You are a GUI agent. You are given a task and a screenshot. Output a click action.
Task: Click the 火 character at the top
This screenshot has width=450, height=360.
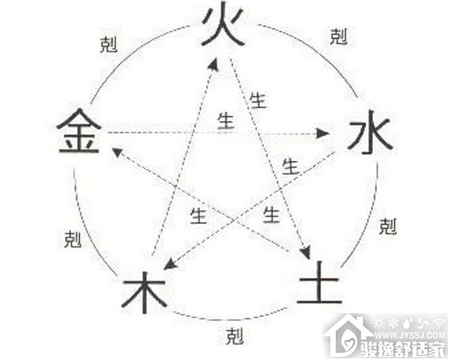223,24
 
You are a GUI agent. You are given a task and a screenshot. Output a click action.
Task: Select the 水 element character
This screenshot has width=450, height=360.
370,132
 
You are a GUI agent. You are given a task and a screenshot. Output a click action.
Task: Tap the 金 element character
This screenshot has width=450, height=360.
79,131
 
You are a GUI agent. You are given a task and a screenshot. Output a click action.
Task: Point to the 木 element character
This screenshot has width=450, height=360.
144,292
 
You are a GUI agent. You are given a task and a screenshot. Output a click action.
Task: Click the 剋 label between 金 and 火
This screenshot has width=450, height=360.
108,45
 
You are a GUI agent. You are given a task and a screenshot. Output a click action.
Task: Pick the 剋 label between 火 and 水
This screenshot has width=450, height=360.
338,37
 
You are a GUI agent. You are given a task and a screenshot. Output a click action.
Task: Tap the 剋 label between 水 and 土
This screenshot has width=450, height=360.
388,227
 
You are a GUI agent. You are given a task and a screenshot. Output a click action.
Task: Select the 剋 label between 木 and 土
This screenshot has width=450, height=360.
235,336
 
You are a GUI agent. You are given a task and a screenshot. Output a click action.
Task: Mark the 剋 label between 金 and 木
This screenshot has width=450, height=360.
73,239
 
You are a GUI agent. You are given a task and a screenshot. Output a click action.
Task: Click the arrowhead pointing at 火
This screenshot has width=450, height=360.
213,65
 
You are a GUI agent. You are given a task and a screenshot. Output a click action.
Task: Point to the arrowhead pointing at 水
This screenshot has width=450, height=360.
323,133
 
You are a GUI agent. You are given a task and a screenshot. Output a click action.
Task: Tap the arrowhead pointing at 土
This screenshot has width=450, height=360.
306,253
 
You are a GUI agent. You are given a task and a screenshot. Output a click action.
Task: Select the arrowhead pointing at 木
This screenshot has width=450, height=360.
170,264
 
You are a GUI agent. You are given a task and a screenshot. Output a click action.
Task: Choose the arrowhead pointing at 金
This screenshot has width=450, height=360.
117,151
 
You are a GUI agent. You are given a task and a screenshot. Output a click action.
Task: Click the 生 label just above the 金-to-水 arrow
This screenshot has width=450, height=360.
226,121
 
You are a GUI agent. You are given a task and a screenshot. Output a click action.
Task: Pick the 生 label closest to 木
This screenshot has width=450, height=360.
198,215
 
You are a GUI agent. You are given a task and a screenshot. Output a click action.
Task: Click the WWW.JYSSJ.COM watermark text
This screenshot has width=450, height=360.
409,335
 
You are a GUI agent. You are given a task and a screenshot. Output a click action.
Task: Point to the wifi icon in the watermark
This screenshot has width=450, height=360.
439,323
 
